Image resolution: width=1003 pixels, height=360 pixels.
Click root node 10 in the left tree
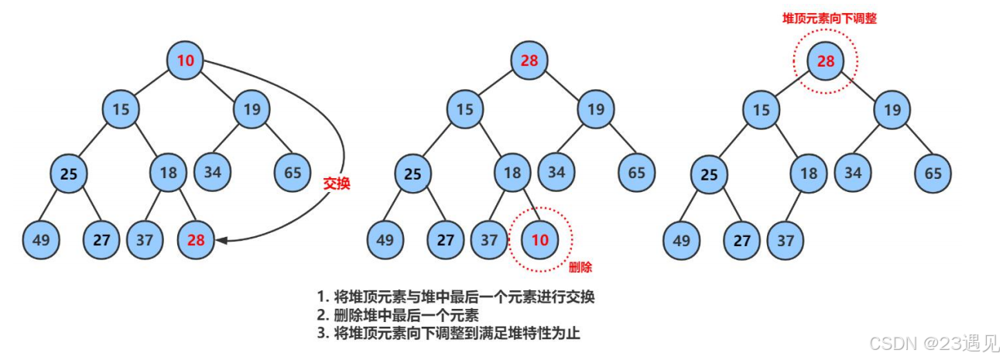point(186,60)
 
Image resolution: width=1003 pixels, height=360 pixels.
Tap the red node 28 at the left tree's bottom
point(196,240)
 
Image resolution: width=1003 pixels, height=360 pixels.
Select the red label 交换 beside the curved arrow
point(337,184)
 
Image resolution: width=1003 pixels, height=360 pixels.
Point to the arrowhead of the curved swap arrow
point(222,241)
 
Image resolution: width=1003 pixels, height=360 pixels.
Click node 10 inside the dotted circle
point(540,240)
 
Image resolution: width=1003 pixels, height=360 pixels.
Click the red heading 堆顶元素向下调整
point(830,18)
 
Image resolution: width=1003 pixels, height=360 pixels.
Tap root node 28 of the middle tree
point(529,60)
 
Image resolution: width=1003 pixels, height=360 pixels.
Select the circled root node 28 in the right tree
point(827,60)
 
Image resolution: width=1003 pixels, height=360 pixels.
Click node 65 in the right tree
point(933,173)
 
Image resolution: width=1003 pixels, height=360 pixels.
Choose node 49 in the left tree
point(42,240)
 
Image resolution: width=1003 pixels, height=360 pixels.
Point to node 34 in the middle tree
point(557,172)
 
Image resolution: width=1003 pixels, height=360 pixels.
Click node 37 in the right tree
point(786,240)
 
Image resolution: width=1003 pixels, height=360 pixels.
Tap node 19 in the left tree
point(252,110)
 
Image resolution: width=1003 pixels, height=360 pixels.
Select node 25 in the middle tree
point(413,174)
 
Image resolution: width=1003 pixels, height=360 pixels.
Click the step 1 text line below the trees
point(456,297)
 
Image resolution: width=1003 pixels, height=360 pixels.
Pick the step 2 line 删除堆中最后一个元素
point(399,315)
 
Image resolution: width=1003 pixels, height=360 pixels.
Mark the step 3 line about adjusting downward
point(448,334)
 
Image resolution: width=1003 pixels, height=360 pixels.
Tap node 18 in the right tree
point(809,173)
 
